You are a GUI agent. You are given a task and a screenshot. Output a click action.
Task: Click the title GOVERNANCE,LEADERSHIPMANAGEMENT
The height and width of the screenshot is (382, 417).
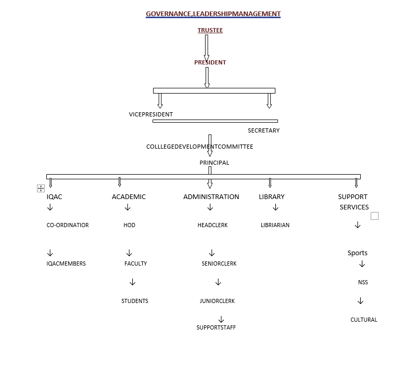213,14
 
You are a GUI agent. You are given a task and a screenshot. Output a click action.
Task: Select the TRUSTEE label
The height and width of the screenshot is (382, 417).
210,30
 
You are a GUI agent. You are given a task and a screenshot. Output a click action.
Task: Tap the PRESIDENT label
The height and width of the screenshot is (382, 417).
210,62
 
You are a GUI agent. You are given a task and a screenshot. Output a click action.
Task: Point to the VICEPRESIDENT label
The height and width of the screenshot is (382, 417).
151,114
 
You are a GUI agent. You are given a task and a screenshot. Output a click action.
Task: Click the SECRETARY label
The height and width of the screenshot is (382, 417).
263,130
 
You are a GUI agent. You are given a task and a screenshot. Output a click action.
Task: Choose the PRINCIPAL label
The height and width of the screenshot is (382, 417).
214,163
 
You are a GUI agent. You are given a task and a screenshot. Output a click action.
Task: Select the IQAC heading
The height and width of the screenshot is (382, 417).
54,196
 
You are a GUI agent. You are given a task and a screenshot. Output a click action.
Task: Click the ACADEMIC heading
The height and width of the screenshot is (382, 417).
129,196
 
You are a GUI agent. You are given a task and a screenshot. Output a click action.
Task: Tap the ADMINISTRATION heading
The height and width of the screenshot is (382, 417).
211,196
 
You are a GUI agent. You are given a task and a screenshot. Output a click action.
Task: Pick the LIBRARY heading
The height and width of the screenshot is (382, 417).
272,196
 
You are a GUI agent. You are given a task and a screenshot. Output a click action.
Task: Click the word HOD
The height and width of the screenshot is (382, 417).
129,225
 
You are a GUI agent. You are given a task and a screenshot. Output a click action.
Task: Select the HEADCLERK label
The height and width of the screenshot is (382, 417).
212,225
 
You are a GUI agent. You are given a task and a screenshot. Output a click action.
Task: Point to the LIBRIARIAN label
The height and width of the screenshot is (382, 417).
275,225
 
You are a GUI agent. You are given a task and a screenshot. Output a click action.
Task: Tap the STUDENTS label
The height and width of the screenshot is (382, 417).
134,301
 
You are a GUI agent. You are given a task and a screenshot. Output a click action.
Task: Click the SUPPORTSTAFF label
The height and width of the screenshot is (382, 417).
216,327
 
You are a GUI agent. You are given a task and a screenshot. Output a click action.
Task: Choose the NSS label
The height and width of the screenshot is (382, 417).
363,282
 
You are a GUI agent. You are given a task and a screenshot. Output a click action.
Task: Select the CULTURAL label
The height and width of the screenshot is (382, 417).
364,320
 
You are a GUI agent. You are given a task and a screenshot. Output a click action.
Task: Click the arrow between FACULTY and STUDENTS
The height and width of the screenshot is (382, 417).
132,282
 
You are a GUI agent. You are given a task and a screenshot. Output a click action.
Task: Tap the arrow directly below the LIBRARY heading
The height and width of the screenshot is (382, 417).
275,207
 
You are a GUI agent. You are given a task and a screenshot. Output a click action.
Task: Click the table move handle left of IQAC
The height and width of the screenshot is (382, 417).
41,189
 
